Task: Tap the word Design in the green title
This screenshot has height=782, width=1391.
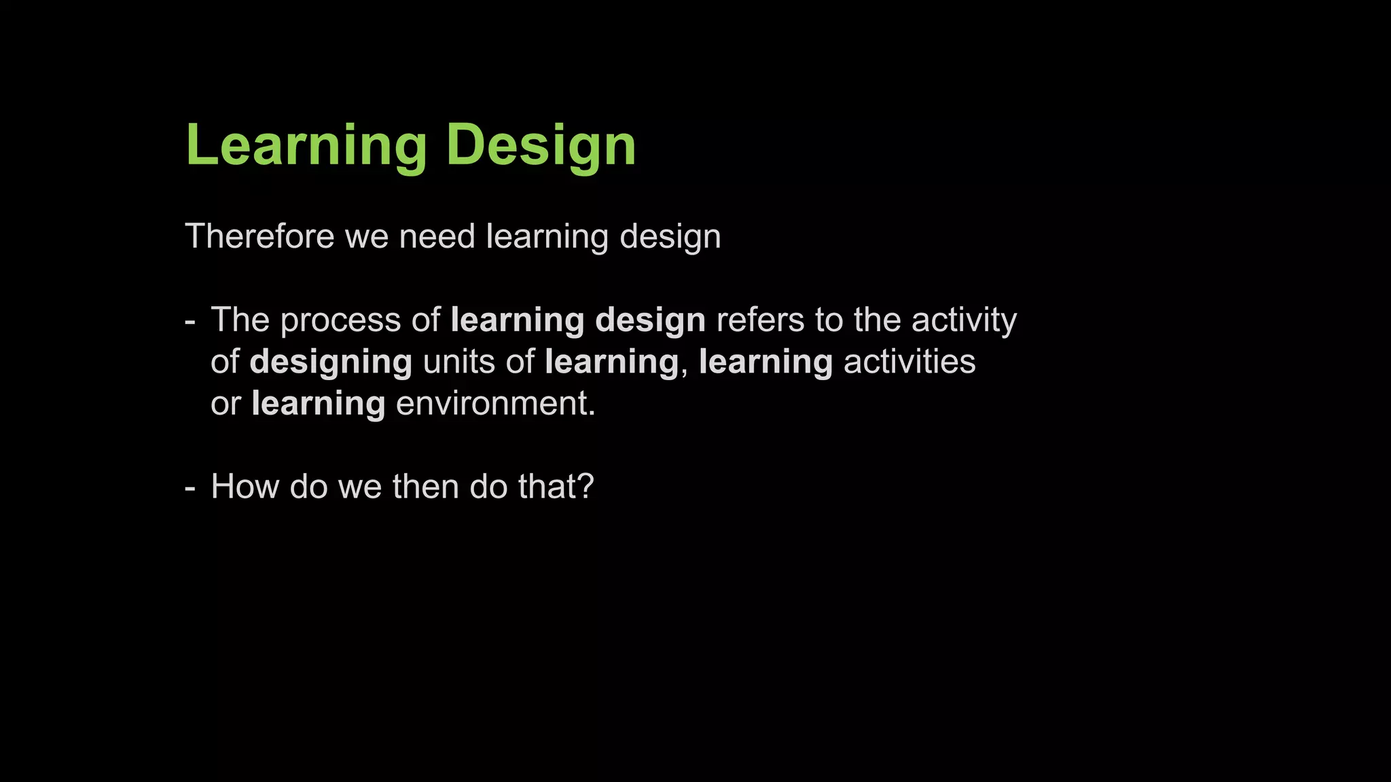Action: tap(541, 145)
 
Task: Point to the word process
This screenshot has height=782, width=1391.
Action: tap(341, 320)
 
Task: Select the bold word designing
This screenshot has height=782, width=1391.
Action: tap(331, 362)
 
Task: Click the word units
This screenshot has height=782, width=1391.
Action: tap(458, 361)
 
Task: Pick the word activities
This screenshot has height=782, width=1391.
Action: tap(909, 361)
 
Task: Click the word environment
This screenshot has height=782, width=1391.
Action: tap(494, 403)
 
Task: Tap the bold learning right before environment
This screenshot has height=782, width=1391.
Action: tap(318, 405)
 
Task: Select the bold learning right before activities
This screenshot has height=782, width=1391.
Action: tap(765, 362)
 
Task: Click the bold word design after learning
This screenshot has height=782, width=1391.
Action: tap(650, 320)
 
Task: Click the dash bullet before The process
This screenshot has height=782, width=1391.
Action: tap(190, 321)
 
